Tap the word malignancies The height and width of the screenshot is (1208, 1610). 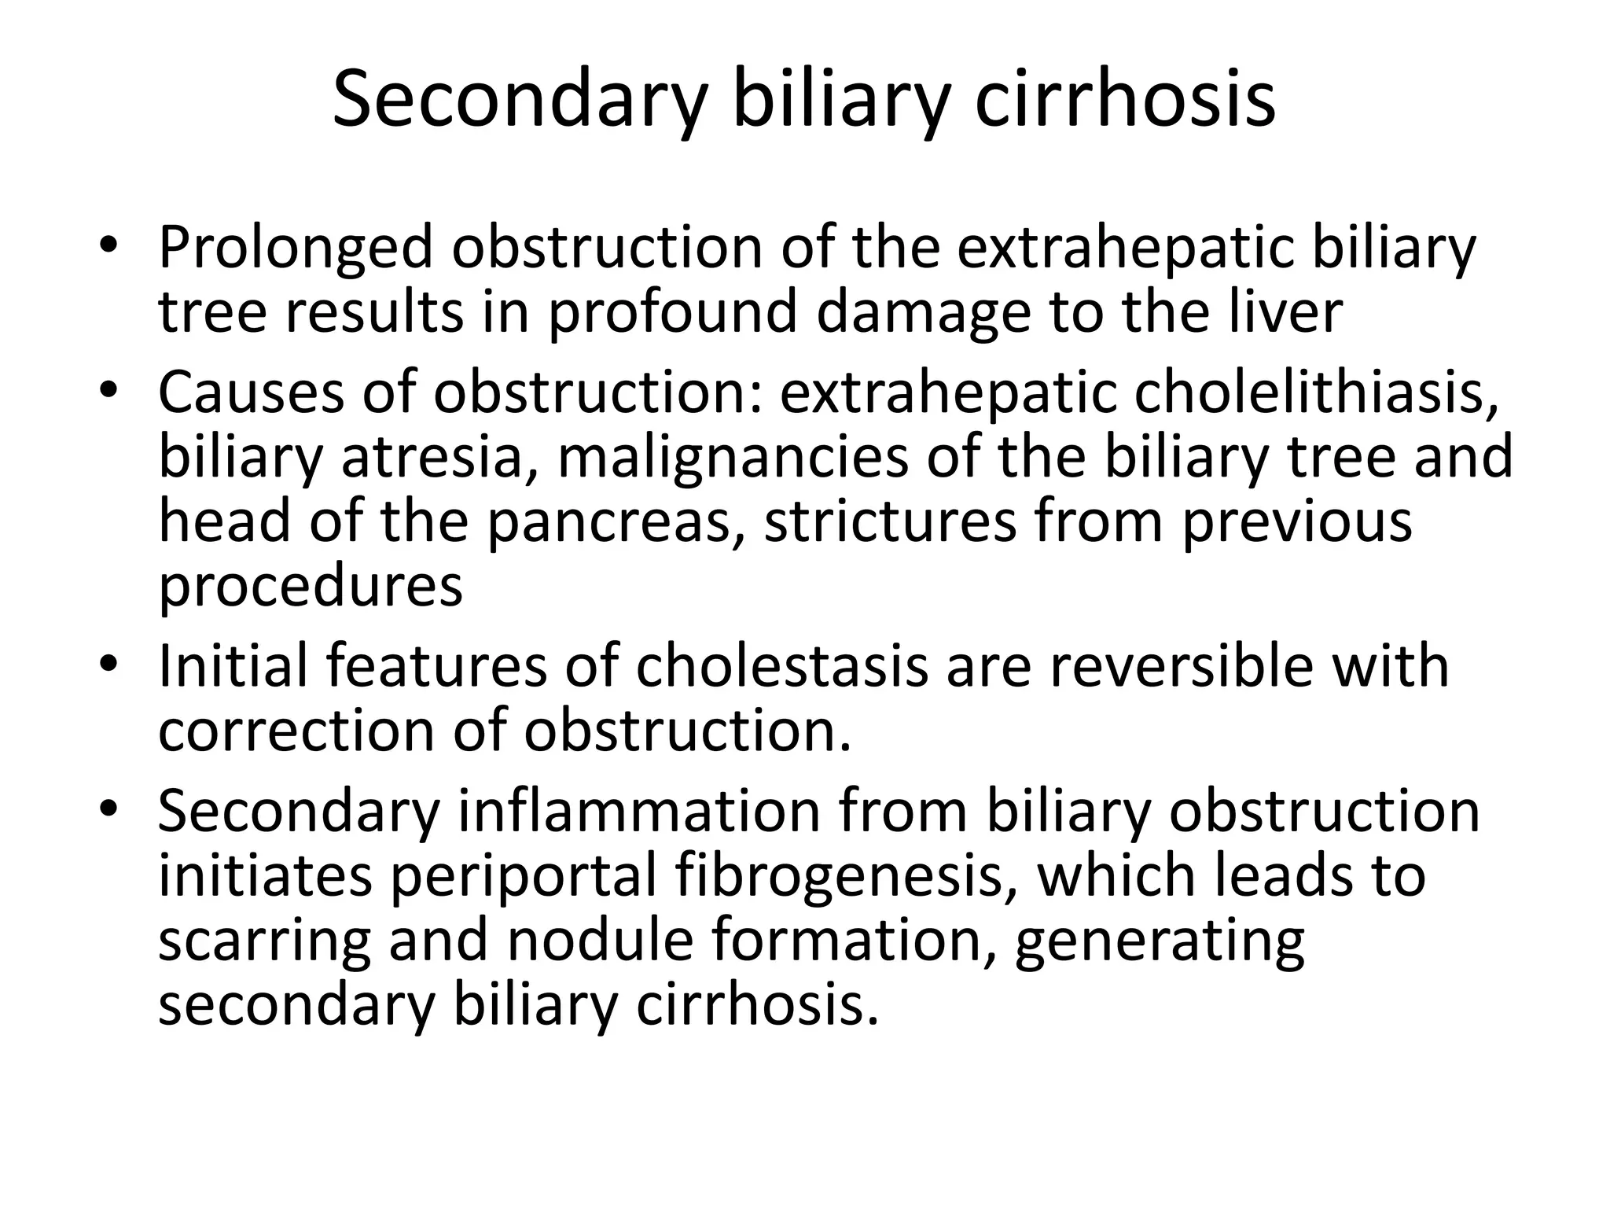pyautogui.click(x=733, y=459)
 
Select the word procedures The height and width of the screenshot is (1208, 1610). pyautogui.click(x=311, y=588)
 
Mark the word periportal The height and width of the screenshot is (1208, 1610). pyautogui.click(x=523, y=878)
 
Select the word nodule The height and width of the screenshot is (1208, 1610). pyautogui.click(x=600, y=941)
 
